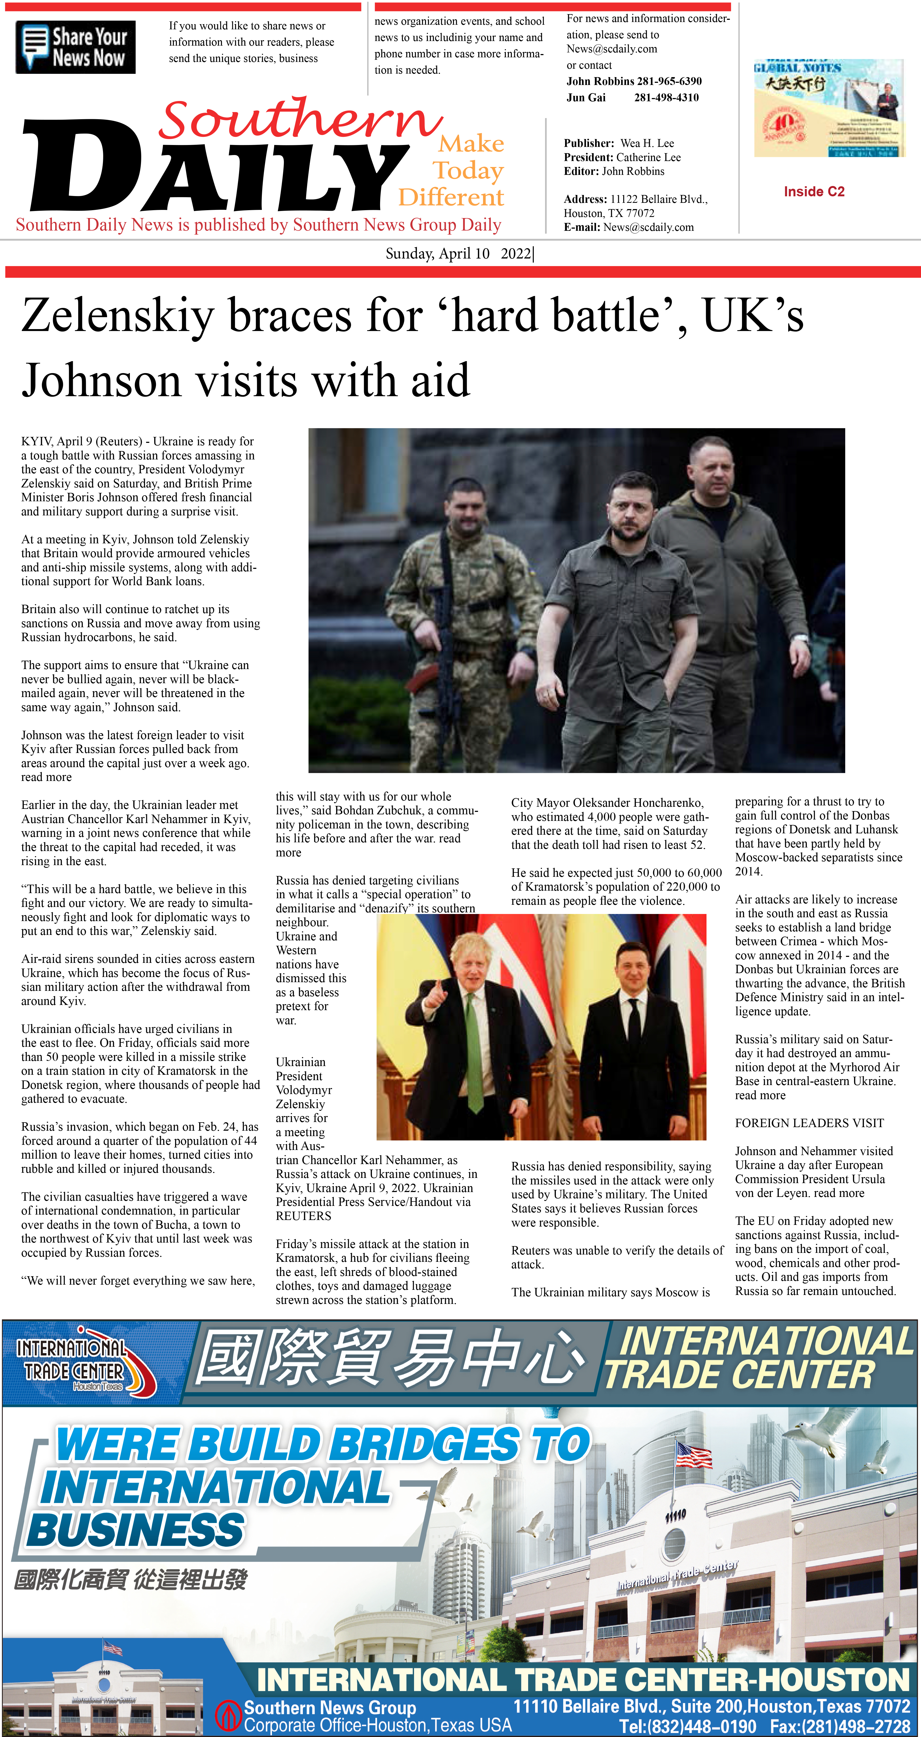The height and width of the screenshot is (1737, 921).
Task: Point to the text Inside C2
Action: pos(814,191)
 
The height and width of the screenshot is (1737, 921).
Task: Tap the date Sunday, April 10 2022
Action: pos(459,254)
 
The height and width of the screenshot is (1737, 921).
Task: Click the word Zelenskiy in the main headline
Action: pos(118,316)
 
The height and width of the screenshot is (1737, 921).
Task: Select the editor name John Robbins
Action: pos(633,171)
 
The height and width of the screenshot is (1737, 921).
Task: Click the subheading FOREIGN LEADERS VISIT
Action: pos(809,1123)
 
